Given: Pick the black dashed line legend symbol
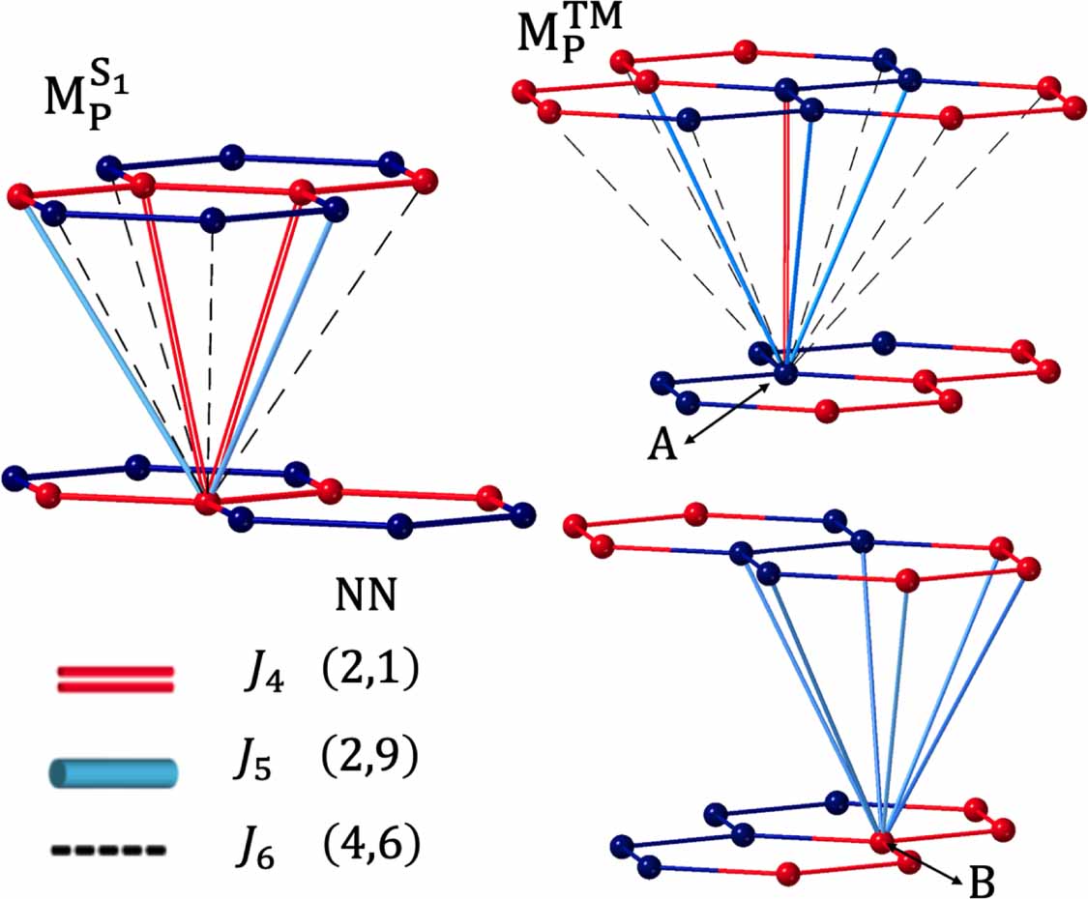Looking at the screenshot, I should pyautogui.click(x=107, y=851).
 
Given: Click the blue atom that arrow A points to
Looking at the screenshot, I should pyautogui.click(x=785, y=371).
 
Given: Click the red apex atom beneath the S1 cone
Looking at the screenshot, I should pyautogui.click(x=206, y=503).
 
